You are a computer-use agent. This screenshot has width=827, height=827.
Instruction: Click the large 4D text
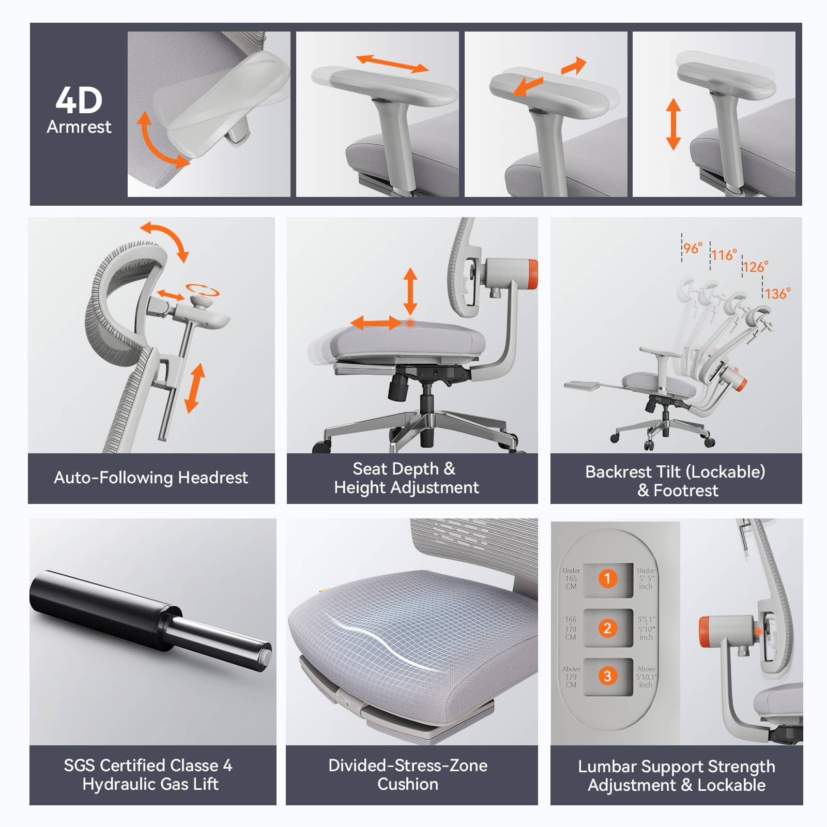point(79,100)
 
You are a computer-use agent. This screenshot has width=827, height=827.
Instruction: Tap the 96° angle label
point(693,248)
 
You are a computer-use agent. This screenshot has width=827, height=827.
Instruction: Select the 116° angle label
point(724,255)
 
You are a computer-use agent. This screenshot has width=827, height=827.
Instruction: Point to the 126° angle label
point(755,267)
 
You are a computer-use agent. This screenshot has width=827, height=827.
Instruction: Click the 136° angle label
point(777,294)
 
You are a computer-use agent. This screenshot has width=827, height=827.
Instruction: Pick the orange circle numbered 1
point(608,578)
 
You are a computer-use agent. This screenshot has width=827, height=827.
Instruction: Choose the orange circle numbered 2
point(608,628)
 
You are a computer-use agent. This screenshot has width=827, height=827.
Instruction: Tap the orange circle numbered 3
point(608,676)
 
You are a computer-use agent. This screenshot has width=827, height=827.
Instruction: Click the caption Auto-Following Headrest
point(151,478)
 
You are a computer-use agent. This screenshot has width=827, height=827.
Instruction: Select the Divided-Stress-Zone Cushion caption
point(408,775)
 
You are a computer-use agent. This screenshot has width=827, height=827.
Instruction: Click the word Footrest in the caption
point(686,491)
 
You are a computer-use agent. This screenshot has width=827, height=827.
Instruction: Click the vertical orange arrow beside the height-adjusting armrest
point(673,124)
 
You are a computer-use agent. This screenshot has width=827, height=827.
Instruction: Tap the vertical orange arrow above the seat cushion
point(410,290)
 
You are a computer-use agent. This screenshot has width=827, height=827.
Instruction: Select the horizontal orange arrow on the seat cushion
point(376,324)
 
